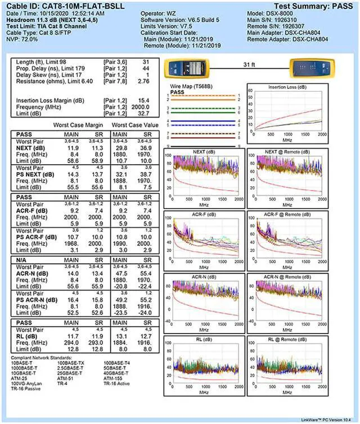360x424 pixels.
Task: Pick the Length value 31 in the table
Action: pyautogui.click(x=146, y=61)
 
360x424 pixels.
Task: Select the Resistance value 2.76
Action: pyautogui.click(x=143, y=81)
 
